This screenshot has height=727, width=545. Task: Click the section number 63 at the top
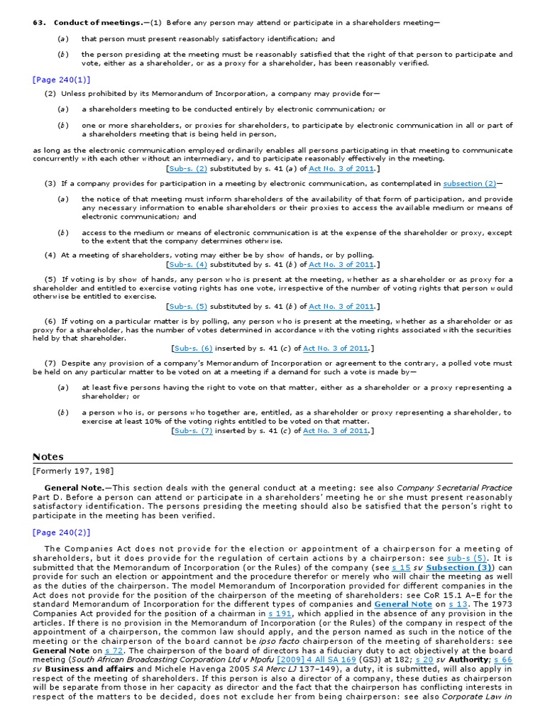coord(40,23)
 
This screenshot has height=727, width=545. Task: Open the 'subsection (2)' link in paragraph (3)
coord(470,183)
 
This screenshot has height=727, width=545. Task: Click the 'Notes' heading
coord(48,457)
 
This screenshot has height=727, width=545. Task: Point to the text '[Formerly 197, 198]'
coord(73,471)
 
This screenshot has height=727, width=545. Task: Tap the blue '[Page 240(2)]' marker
coord(61,532)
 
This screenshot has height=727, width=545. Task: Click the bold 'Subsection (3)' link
coord(459,567)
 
